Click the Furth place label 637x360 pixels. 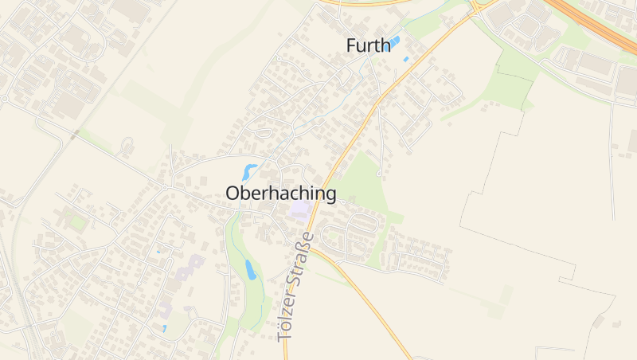tap(369, 46)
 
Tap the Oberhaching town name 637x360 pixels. tap(280, 193)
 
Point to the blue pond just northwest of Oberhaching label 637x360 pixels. tap(250, 171)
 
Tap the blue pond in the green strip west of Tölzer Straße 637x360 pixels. tap(250, 270)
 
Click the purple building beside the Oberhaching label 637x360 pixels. tap(299, 210)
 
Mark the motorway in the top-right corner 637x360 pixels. tap(597, 24)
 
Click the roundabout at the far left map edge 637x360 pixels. tap(4, 99)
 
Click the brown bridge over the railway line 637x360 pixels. tap(74, 136)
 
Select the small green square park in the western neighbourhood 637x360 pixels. tap(78, 222)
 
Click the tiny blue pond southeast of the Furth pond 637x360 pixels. tap(406, 59)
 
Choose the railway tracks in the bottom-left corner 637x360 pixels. tap(28, 335)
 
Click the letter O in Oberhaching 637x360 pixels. tap(233, 193)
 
